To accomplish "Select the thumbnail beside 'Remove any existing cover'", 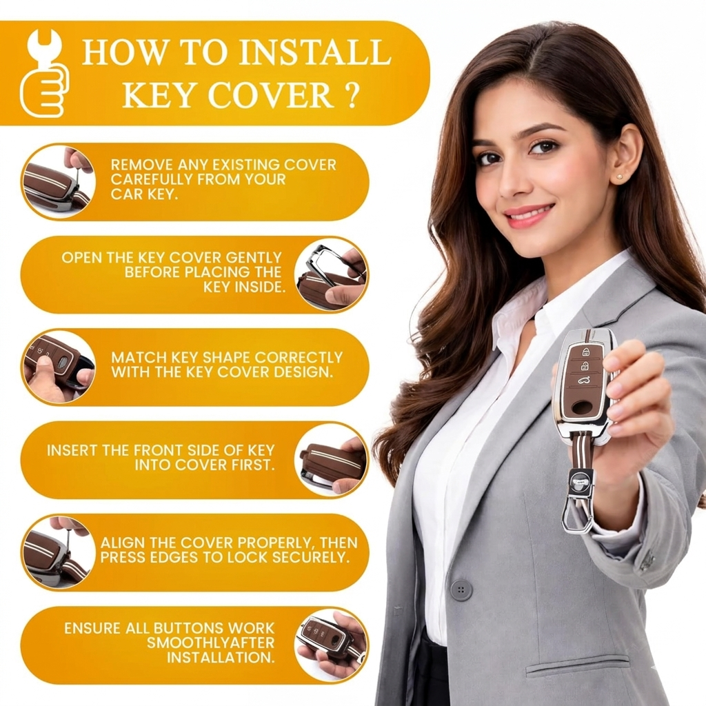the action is tap(59, 182).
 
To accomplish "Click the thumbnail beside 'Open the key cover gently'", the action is tap(331, 274).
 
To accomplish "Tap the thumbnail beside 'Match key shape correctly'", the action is tap(59, 367).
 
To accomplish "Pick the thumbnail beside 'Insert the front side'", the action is tap(331, 460).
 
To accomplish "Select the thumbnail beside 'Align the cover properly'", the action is tap(59, 553).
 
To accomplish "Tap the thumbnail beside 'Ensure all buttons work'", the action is tap(331, 645).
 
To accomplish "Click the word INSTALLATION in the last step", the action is tap(221, 657).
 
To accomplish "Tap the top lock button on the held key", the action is tap(586, 351).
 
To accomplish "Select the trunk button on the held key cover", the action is tap(583, 381).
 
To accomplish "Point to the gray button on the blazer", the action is tap(461, 590).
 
